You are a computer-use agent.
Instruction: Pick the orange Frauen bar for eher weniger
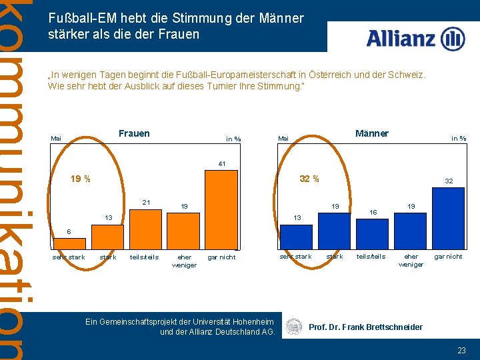click(183, 231)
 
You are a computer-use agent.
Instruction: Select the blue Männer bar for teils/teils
click(372, 234)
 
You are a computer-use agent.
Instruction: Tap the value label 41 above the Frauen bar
click(221, 163)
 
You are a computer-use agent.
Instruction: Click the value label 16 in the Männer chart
click(373, 213)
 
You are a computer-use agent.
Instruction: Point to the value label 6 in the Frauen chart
click(68, 231)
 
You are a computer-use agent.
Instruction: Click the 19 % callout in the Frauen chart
click(81, 179)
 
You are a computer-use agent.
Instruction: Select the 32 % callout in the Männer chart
click(309, 179)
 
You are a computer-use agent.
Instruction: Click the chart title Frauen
click(134, 133)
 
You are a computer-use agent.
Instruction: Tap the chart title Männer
click(371, 133)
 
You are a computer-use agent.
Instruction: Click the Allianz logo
click(415, 39)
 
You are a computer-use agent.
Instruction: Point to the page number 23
click(461, 350)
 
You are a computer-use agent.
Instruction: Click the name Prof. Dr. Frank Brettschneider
click(365, 327)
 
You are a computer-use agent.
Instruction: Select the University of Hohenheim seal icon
click(293, 327)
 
